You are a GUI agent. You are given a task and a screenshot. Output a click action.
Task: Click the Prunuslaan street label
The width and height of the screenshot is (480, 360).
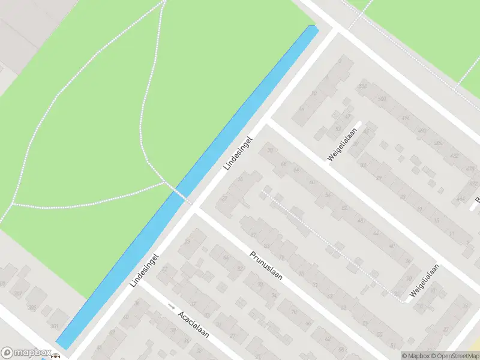[x=266, y=270]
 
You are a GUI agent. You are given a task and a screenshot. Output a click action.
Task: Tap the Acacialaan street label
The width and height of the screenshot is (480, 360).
[x=193, y=325]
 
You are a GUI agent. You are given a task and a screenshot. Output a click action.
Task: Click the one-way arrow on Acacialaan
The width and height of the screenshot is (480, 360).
[x=172, y=307]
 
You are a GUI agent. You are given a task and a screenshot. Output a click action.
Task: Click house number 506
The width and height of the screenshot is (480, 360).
[x=362, y=86]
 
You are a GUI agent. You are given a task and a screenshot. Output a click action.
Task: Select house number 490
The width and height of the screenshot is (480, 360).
[x=422, y=130]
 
